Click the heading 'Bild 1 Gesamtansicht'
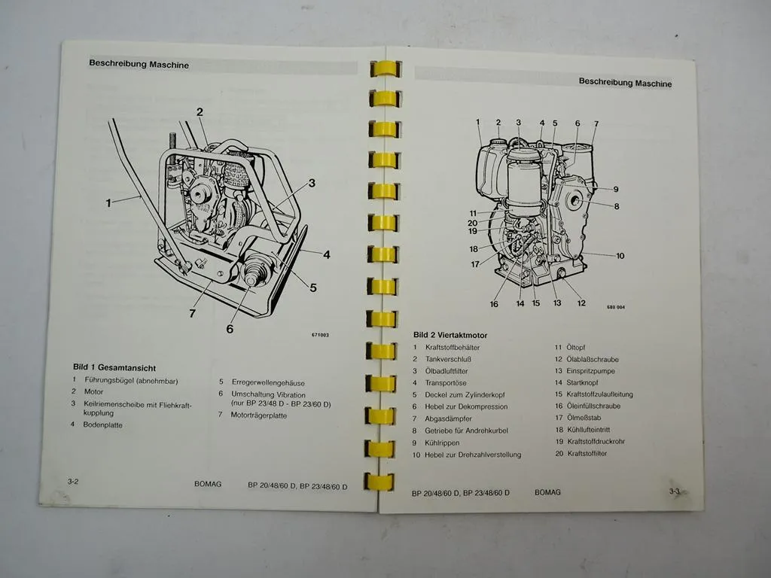tap(114, 367)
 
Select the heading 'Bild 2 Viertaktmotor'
tap(450, 335)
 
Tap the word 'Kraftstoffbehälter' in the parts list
tap(452, 348)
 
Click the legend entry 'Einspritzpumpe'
tap(591, 371)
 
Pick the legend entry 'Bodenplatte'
tap(103, 425)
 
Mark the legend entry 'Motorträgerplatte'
tap(258, 415)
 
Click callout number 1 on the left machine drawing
tap(108, 202)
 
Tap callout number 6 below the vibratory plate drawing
tap(230, 328)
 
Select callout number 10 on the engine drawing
tap(620, 256)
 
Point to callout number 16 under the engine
tap(494, 304)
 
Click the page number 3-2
tap(73, 480)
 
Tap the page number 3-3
tap(675, 491)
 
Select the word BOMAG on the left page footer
tap(208, 485)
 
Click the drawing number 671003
tap(320, 336)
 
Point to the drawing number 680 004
tap(615, 306)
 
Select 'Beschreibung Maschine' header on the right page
tap(625, 84)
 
